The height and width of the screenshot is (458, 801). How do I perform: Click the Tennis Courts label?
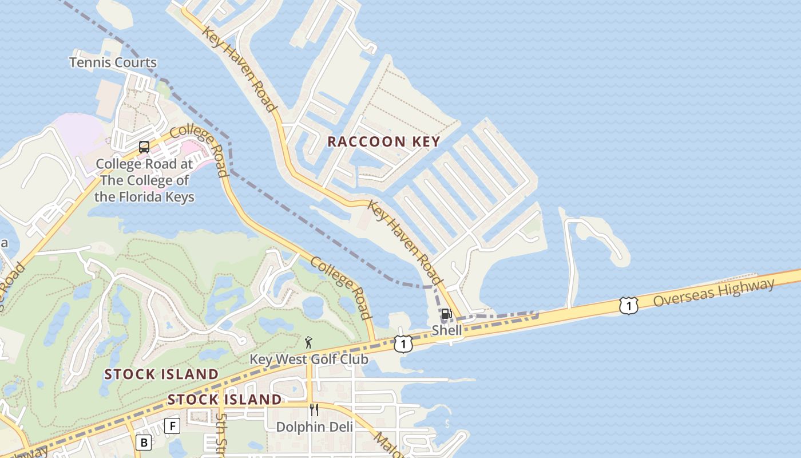tap(113, 62)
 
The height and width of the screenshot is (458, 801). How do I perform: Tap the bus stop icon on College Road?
tap(144, 147)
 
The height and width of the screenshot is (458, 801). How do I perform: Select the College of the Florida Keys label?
tap(144, 180)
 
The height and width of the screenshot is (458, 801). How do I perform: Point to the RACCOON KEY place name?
tap(383, 141)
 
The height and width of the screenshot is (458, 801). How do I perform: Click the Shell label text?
tap(447, 330)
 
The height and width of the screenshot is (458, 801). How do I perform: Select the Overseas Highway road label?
tap(713, 292)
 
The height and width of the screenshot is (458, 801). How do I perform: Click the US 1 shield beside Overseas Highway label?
tap(628, 306)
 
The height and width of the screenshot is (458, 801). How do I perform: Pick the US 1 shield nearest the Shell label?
tap(403, 344)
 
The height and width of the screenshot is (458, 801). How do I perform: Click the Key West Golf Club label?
tap(309, 360)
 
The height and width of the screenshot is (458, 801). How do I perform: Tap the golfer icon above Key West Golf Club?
tap(309, 342)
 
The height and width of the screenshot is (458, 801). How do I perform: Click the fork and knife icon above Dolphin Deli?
tap(314, 409)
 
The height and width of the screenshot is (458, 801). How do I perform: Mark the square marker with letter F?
tap(172, 425)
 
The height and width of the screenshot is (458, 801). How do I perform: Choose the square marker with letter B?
tap(144, 443)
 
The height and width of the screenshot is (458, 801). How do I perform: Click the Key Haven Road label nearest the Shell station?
tap(406, 242)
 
